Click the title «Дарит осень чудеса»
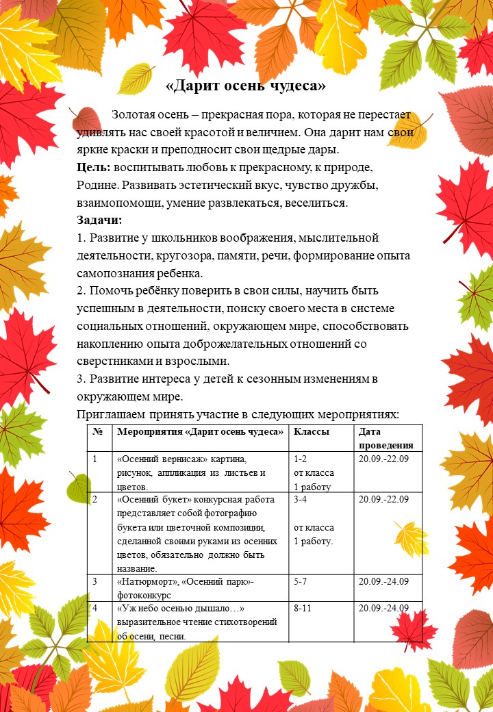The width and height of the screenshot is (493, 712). (x=246, y=86)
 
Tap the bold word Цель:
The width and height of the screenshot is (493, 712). (x=94, y=168)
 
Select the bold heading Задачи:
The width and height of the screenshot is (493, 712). (x=99, y=220)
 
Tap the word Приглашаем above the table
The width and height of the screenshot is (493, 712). (x=112, y=415)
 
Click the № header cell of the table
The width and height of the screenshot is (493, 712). (x=97, y=432)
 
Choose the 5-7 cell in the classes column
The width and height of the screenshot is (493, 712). (x=301, y=581)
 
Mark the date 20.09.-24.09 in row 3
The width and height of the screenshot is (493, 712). (x=384, y=581)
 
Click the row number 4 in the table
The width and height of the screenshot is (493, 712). (x=95, y=608)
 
